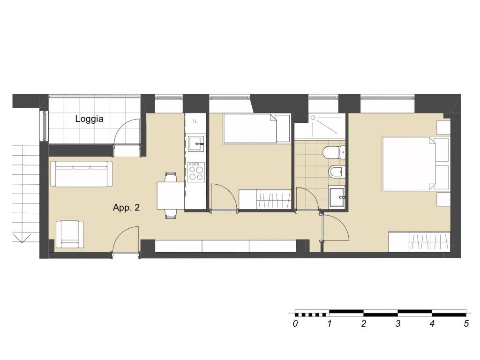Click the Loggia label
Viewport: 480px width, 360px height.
pos(89,119)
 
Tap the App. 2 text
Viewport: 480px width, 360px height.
pos(126,208)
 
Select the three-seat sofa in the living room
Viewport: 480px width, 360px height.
pos(81,174)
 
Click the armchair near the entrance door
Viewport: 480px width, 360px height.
pos(70,234)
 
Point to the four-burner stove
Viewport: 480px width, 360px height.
pos(196,172)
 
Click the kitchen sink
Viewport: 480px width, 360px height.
pos(196,143)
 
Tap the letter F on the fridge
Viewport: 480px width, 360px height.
pos(196,121)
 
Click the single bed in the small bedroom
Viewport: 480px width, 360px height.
pos(256,128)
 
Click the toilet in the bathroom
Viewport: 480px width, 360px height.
pos(334,152)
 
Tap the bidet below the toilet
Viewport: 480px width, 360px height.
pos(337,172)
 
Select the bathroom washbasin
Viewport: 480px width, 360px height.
pos(337,197)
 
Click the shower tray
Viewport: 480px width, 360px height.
pos(320,127)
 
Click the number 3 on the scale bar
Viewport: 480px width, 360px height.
pos(397,323)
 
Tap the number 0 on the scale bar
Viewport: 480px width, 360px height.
pos(295,323)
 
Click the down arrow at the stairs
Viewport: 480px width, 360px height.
pos(22,238)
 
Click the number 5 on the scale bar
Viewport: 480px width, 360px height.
pos(466,323)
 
